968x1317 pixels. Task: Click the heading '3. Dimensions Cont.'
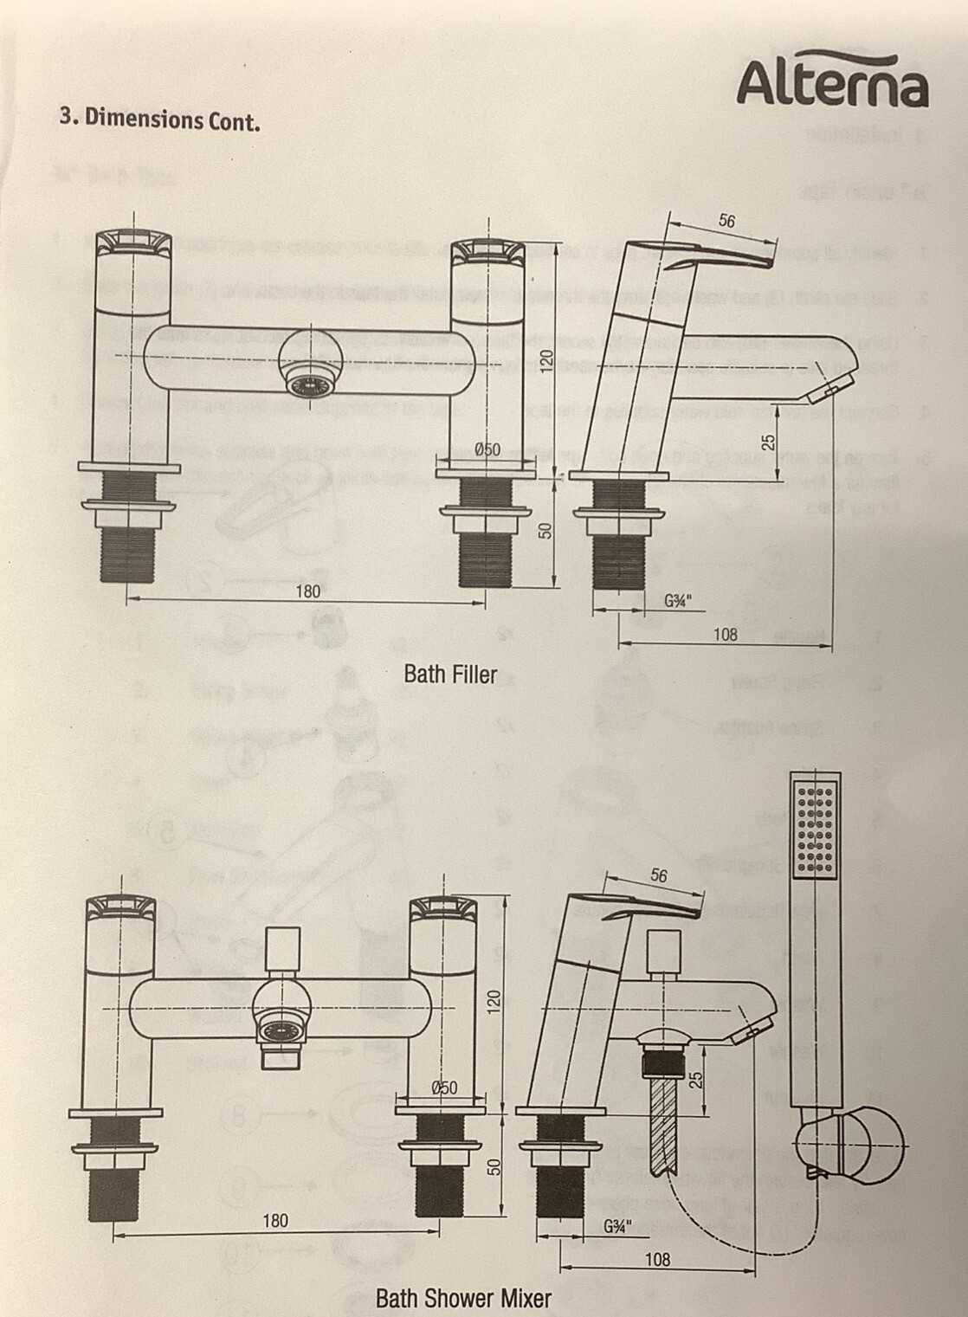pyautogui.click(x=159, y=119)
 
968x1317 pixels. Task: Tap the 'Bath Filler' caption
pyautogui.click(x=450, y=675)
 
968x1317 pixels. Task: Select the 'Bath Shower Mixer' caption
pyautogui.click(x=463, y=1298)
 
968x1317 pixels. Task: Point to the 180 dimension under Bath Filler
pyautogui.click(x=307, y=591)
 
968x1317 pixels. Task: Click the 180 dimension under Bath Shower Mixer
pyautogui.click(x=275, y=1221)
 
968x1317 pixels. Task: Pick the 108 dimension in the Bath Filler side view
pyautogui.click(x=725, y=635)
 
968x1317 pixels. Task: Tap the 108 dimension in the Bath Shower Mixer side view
pyautogui.click(x=657, y=1259)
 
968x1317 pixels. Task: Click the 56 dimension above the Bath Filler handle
pyautogui.click(x=726, y=221)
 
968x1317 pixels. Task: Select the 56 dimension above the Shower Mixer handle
pyautogui.click(x=659, y=876)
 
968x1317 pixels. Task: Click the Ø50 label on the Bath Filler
pyautogui.click(x=487, y=449)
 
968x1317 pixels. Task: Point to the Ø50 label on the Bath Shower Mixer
pyautogui.click(x=444, y=1088)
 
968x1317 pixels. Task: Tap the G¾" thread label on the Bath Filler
pyautogui.click(x=678, y=601)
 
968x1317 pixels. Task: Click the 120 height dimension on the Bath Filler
pyautogui.click(x=546, y=360)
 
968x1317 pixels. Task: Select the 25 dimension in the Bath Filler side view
pyautogui.click(x=768, y=442)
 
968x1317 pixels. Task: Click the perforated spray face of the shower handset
pyautogui.click(x=816, y=828)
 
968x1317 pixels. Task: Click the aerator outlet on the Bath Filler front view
pyautogui.click(x=308, y=381)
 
